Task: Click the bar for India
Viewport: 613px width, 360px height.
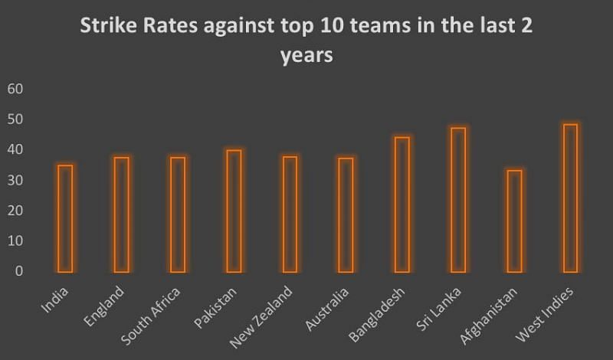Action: [x=65, y=218]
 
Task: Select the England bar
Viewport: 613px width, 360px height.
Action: [x=121, y=214]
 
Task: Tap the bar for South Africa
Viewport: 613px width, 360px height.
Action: [x=178, y=214]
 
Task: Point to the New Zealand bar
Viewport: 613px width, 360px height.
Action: [x=290, y=214]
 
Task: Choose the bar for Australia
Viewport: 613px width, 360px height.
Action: [x=346, y=215]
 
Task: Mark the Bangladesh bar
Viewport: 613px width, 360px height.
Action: [x=402, y=205]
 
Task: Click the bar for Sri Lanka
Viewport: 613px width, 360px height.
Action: [x=458, y=200]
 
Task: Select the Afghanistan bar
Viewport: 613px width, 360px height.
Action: [x=514, y=221]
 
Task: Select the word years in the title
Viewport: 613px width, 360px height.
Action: [x=306, y=57]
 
